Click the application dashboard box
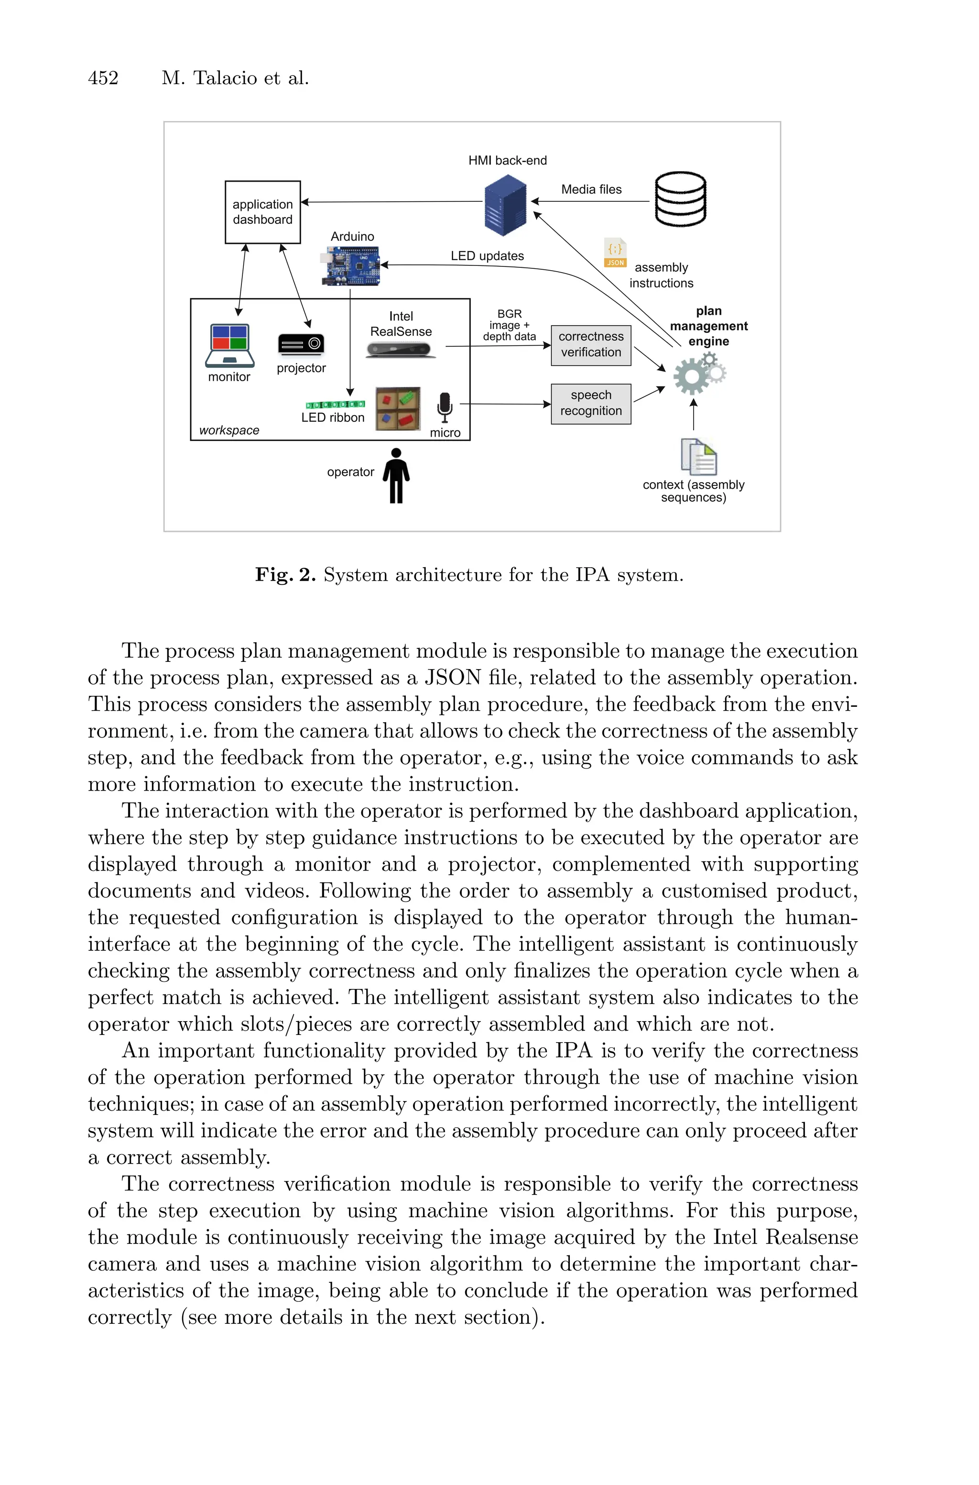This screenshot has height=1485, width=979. [262, 212]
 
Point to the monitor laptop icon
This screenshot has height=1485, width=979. [230, 345]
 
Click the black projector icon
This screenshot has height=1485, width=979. [301, 344]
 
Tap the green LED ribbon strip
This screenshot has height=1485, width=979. [335, 404]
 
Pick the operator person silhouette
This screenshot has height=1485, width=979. [396, 475]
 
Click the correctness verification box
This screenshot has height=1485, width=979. [591, 345]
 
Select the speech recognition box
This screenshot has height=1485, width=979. [591, 403]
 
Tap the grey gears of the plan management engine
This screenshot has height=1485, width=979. [698, 374]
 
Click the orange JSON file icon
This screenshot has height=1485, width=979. [615, 253]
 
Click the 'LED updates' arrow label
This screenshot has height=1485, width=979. [487, 256]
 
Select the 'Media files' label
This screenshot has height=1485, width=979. [591, 189]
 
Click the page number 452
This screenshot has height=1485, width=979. [103, 78]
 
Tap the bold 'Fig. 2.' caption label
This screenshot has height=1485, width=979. [285, 574]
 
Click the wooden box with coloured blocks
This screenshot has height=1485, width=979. [398, 409]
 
